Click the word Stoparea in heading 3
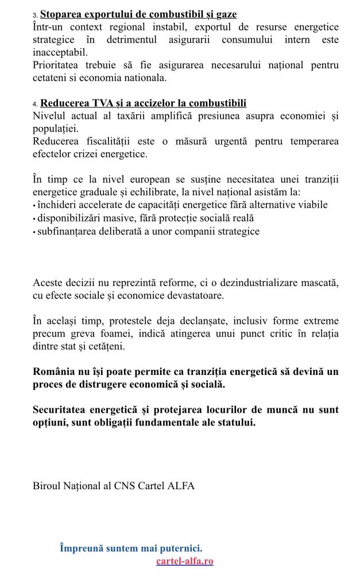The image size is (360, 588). coord(60,14)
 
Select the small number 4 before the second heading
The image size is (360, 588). coord(35,105)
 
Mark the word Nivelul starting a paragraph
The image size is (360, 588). coord(49,116)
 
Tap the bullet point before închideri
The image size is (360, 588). coord(34,206)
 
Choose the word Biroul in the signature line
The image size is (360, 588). coord(47,486)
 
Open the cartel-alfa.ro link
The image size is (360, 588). coord(184,561)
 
